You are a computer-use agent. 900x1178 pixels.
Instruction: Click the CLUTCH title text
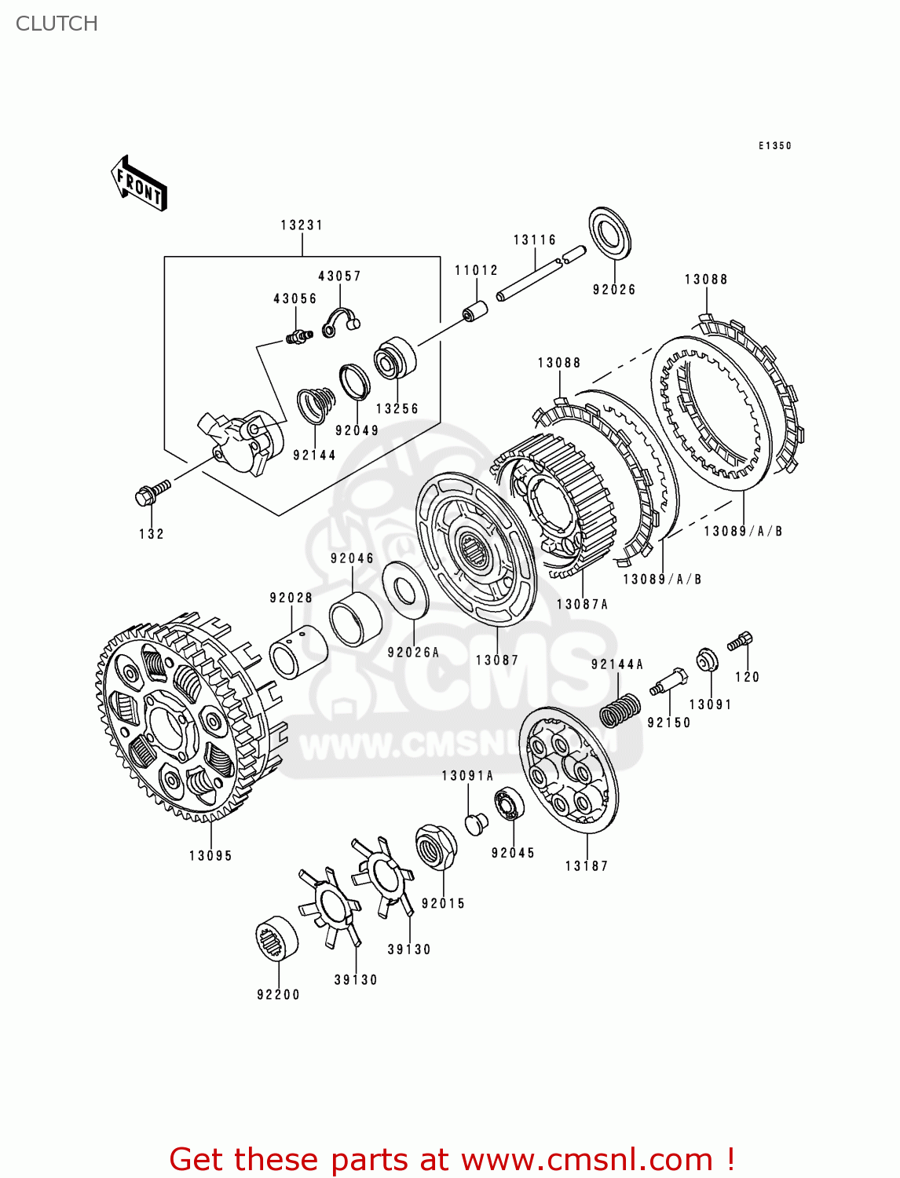coord(57,24)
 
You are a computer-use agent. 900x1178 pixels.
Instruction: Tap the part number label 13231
coord(302,225)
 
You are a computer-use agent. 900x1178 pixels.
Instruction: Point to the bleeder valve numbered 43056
coord(298,336)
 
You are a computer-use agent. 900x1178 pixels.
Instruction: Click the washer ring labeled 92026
coord(610,233)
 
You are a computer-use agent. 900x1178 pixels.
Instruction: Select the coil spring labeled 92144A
coord(620,709)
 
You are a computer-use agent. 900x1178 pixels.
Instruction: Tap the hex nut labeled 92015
coord(436,847)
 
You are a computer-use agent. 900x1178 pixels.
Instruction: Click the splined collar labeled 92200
coord(277,939)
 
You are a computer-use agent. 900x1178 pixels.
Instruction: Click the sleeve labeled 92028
coord(298,651)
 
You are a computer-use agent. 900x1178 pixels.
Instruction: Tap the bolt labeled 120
coord(741,641)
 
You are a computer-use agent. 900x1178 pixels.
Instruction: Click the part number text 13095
coord(210,856)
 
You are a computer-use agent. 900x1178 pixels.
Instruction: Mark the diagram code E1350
coord(774,146)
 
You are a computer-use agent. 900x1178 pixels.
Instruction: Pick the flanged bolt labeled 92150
coord(668,680)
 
